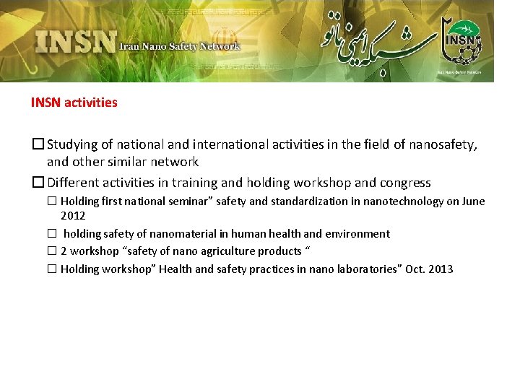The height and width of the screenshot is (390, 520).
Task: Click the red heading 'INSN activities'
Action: tap(74, 103)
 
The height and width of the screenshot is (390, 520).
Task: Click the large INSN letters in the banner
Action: tap(75, 41)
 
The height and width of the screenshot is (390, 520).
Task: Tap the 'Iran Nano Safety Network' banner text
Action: tap(179, 47)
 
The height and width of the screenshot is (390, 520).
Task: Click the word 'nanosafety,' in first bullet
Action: tap(443, 144)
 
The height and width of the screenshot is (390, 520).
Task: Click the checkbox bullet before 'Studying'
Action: tap(38, 144)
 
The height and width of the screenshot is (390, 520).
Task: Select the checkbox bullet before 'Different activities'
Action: tap(38, 183)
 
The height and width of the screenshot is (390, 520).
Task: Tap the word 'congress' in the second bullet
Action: tap(405, 183)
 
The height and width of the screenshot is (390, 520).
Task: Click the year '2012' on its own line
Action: tap(73, 215)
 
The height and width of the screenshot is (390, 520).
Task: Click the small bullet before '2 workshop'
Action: tap(52, 251)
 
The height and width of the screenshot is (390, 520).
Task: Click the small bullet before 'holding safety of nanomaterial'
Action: tap(52, 233)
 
